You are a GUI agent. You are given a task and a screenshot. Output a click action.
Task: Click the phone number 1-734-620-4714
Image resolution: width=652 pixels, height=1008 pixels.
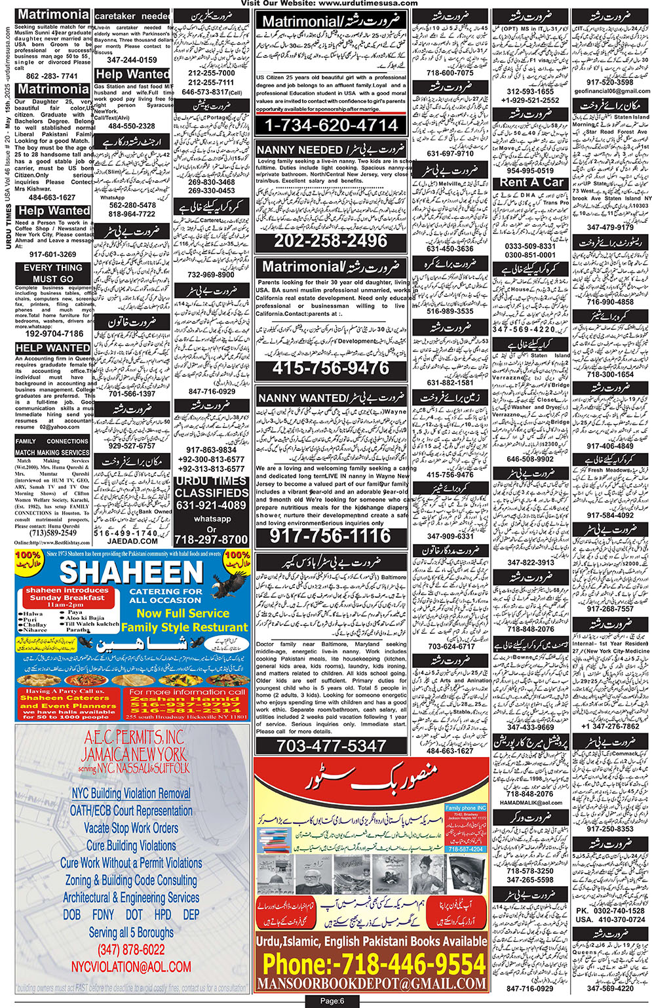click(x=331, y=125)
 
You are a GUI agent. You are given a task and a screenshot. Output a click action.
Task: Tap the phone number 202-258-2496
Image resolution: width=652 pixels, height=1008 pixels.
click(x=331, y=241)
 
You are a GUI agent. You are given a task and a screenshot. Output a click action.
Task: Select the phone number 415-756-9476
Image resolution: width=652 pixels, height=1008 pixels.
click(x=331, y=368)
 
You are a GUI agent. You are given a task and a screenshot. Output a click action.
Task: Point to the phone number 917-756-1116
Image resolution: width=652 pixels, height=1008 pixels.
click(x=331, y=536)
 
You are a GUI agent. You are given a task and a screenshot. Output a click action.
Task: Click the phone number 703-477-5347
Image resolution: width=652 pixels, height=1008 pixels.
click(x=331, y=746)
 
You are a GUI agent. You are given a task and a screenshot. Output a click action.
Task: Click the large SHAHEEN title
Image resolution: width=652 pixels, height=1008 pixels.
click(x=131, y=572)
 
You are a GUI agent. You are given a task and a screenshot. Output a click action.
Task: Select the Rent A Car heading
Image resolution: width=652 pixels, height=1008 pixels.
click(x=531, y=182)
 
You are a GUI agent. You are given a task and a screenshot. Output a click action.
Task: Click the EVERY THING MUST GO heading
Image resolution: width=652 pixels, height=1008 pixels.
click(x=53, y=273)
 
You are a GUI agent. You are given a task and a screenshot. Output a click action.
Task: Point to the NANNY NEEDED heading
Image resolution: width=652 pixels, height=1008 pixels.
click(x=299, y=150)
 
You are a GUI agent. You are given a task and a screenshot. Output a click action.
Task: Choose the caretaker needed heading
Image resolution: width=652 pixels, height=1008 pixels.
click(x=133, y=16)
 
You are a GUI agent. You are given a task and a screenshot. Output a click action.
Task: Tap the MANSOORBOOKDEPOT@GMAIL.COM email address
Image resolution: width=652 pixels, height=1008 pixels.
click(x=372, y=984)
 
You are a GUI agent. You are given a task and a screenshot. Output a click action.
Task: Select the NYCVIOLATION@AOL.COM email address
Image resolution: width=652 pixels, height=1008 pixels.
click(x=131, y=967)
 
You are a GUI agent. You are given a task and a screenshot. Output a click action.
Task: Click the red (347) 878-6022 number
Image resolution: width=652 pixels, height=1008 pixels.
click(x=131, y=950)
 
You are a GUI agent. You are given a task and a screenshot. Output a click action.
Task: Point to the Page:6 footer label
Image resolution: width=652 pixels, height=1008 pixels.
click(x=332, y=1001)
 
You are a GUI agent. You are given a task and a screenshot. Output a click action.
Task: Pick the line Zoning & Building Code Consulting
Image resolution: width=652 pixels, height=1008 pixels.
click(x=131, y=880)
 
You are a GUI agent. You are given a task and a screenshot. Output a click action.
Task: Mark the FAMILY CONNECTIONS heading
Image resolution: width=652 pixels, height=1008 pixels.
click(x=52, y=441)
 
